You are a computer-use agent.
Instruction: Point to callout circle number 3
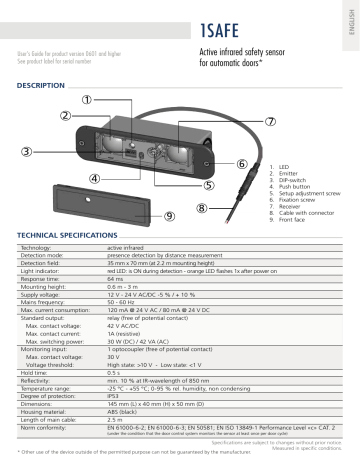[x=26, y=151]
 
